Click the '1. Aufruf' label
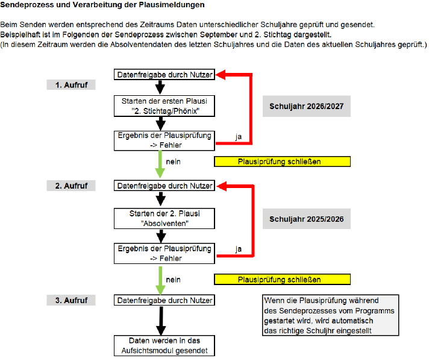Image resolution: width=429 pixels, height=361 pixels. [x=71, y=85]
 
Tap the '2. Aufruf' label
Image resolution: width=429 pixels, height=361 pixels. [x=71, y=186]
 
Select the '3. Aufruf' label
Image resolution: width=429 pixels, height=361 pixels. [x=71, y=300]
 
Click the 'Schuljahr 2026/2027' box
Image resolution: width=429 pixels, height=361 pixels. [x=307, y=106]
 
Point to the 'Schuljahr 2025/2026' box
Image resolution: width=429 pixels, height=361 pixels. [x=307, y=219]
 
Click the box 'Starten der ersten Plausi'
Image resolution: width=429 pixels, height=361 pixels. [x=164, y=106]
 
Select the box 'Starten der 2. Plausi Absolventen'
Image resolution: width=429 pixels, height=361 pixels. [x=164, y=218]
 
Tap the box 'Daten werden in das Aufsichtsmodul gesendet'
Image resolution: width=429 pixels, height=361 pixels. [x=164, y=345]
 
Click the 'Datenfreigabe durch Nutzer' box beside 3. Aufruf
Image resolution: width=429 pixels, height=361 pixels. [x=164, y=300]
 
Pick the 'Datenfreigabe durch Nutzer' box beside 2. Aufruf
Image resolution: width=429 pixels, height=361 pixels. [x=164, y=186]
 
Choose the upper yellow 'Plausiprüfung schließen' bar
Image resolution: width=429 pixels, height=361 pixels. [x=283, y=162]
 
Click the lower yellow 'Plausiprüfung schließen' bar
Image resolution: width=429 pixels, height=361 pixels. [x=283, y=280]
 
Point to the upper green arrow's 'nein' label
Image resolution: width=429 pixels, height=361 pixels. [x=173, y=162]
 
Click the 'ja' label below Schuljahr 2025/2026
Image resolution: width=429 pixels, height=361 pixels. [x=239, y=249]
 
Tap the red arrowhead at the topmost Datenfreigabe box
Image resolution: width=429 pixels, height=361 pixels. [x=221, y=75]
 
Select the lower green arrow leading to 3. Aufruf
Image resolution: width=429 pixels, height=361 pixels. [x=160, y=280]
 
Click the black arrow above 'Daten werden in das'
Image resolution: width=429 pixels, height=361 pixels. [x=161, y=321]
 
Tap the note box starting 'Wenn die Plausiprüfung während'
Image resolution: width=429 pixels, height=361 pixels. [x=331, y=315]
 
